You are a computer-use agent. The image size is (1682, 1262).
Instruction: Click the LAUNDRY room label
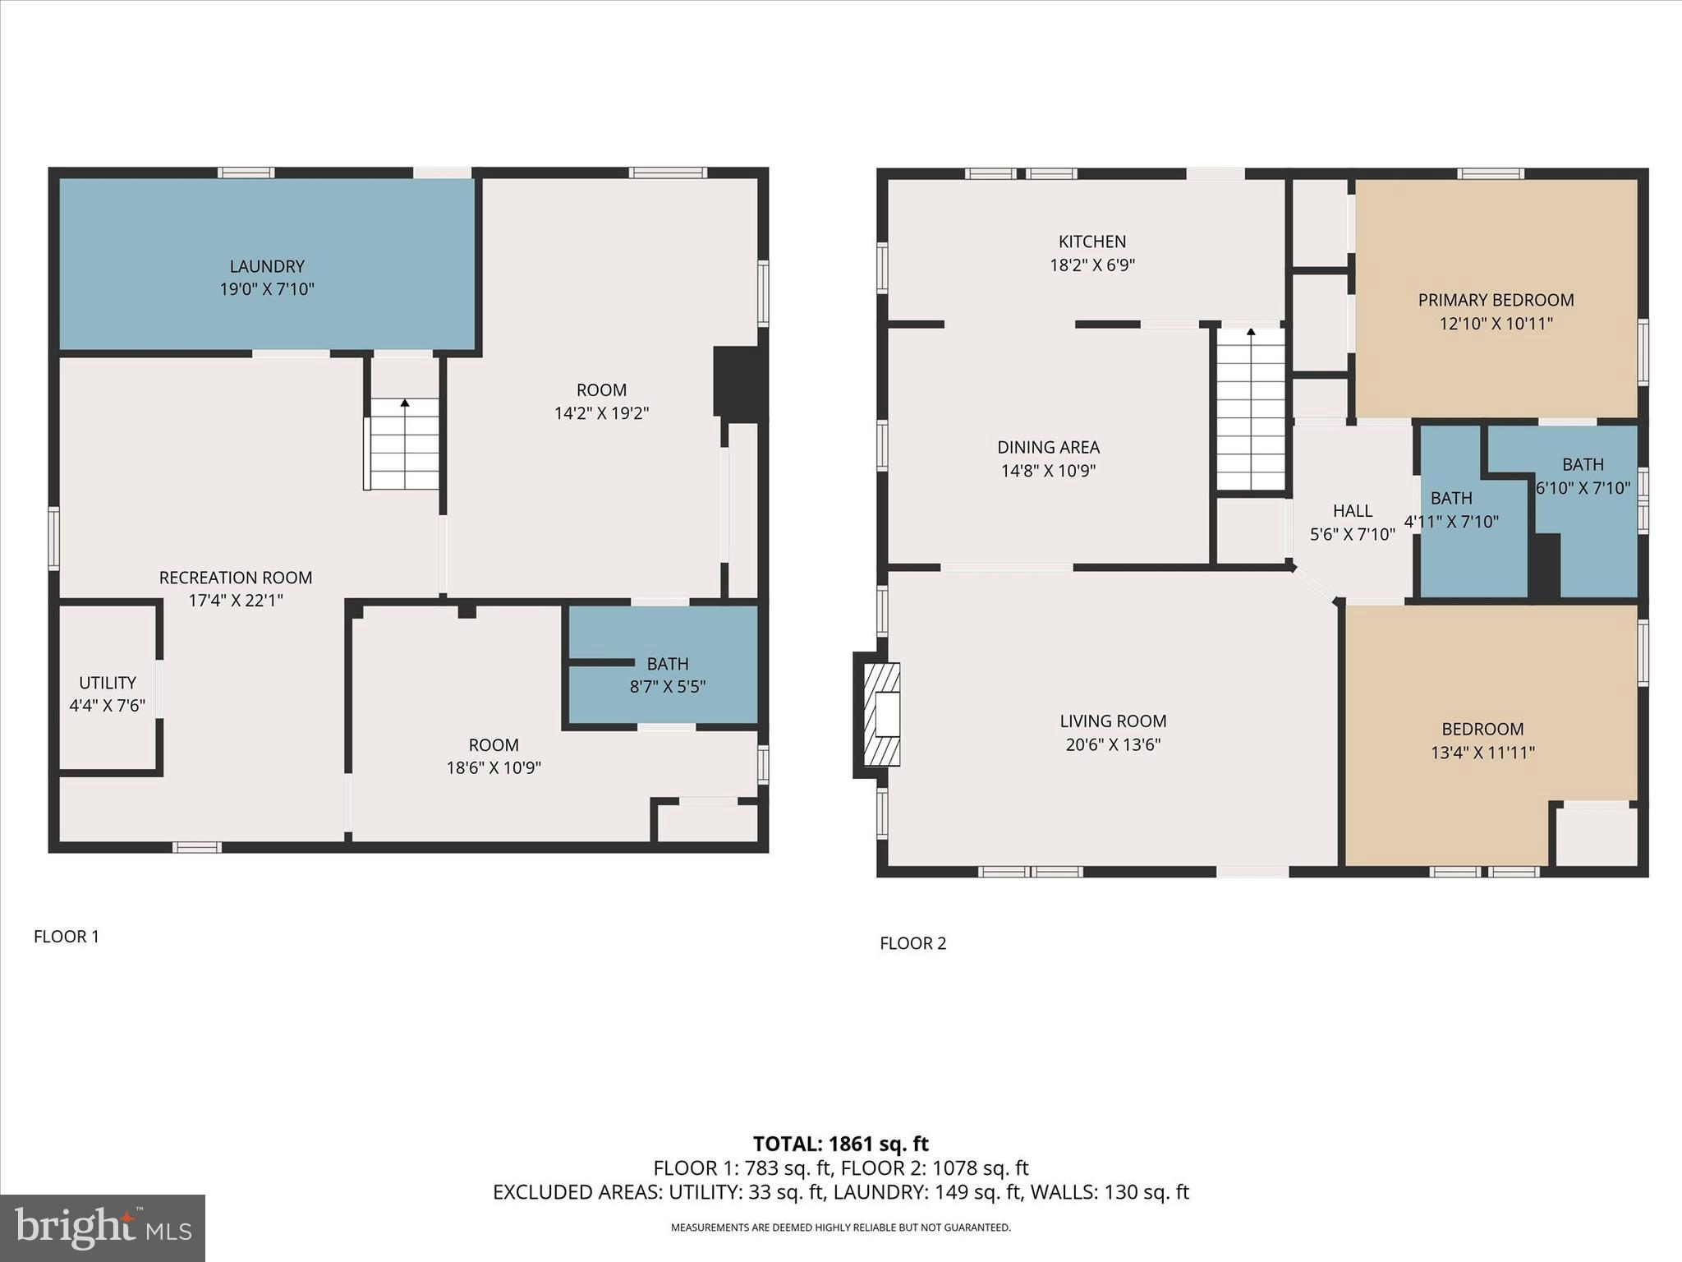[267, 266]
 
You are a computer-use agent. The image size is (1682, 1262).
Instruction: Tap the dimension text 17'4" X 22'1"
[236, 601]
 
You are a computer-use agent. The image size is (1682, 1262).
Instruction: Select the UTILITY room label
[108, 683]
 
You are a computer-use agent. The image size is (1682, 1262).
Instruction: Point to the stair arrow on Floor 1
[405, 403]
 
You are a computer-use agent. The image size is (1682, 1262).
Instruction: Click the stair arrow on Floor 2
[1251, 333]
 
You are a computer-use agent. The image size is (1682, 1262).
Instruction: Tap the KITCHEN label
[1092, 242]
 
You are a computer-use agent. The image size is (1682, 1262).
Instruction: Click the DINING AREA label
[1048, 448]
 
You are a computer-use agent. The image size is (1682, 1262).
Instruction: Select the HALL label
[1352, 511]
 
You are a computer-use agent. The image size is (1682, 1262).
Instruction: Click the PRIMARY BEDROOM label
[1496, 300]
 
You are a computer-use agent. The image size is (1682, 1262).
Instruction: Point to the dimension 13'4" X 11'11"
[1482, 753]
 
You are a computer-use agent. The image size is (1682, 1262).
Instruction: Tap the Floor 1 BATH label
[667, 664]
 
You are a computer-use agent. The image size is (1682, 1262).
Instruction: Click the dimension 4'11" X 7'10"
[1451, 522]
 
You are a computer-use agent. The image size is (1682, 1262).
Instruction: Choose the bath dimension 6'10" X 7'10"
[1583, 488]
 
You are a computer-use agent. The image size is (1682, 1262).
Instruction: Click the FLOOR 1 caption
[67, 937]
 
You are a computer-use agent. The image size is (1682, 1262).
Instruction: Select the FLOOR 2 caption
[912, 943]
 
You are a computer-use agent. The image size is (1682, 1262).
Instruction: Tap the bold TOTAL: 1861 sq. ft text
[840, 1144]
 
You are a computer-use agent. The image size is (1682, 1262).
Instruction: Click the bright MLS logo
[103, 1227]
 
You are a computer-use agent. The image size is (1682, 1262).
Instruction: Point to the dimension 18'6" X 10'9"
[494, 768]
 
